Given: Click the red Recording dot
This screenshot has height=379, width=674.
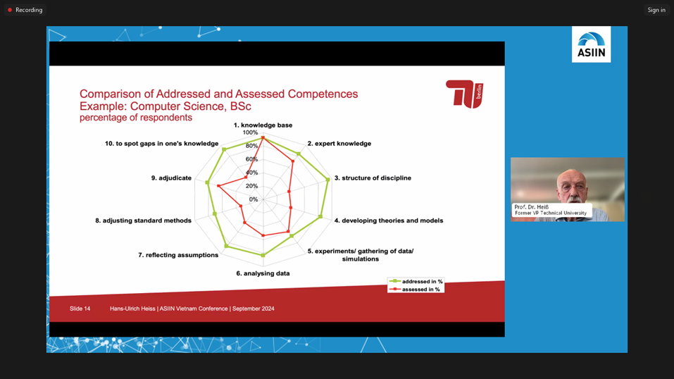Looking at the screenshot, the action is click(10, 10).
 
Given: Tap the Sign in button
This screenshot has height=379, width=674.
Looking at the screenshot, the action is click(656, 10).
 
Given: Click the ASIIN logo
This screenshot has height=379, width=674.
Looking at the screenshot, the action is click(591, 44).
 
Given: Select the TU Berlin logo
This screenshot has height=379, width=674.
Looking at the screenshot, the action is click(465, 94).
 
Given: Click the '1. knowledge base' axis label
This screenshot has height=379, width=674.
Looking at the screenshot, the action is click(263, 125).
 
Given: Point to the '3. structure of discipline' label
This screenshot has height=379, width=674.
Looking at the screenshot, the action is click(373, 178).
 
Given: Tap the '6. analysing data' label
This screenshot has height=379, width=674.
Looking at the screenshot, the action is click(263, 273).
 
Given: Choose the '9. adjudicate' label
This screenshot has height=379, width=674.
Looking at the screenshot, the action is click(171, 178).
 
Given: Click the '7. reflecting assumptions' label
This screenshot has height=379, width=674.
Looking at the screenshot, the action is click(178, 255).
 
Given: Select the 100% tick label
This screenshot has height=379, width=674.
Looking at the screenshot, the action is click(250, 132).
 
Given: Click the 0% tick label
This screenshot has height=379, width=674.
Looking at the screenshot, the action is click(254, 199).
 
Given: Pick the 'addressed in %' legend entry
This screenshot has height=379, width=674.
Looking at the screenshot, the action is click(416, 281).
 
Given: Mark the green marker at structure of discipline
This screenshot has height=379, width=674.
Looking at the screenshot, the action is click(328, 180).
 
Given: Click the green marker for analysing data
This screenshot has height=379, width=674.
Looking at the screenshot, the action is click(263, 255).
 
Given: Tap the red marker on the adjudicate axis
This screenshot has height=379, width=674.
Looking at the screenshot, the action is click(218, 186).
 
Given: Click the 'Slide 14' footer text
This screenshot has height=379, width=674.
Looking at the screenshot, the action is click(80, 309).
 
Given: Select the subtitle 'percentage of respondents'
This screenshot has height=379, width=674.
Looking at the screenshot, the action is click(136, 118).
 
